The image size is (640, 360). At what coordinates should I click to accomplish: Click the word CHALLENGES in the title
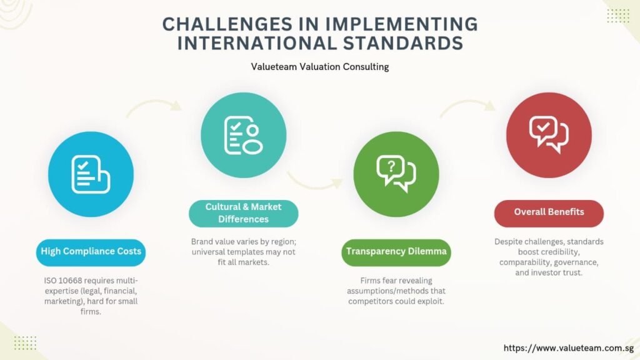tap(227, 24)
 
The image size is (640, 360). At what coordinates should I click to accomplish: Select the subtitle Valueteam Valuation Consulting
tap(320, 66)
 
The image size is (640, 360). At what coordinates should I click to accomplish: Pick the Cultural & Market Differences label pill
tap(243, 213)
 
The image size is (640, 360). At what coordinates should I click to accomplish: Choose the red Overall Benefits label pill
tap(549, 213)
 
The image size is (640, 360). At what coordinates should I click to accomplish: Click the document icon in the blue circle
tap(91, 174)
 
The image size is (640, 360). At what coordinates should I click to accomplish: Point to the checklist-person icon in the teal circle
tap(244, 135)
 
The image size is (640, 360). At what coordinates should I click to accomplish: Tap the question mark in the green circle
tap(391, 166)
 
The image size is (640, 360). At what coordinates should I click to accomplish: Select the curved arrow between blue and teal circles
tap(154, 104)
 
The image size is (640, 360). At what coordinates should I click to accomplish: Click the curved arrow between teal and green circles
tap(314, 183)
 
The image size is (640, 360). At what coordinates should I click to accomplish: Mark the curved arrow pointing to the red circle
tap(467, 104)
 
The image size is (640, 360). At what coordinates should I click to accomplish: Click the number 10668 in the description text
tap(70, 281)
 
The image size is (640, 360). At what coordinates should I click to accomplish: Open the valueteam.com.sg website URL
tap(568, 348)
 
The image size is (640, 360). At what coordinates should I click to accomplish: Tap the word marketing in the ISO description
tap(62, 302)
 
